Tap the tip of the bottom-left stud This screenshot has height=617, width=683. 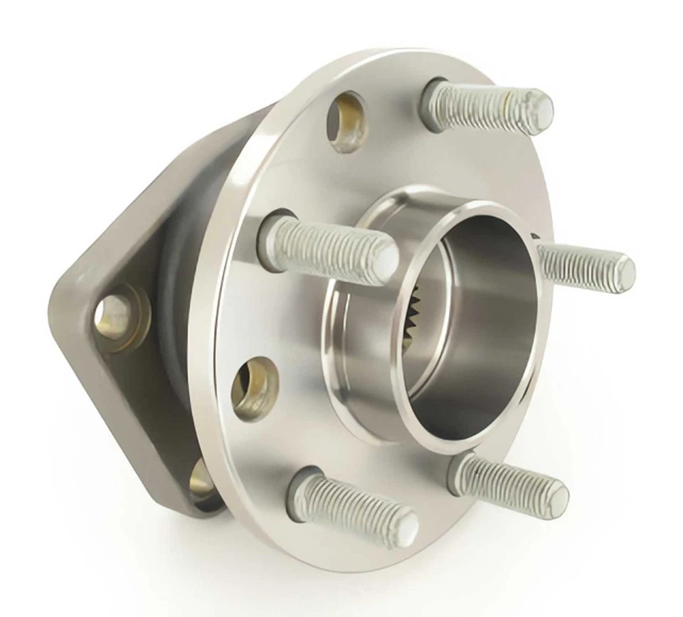click(408, 527)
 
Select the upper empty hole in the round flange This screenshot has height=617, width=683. click(346, 121)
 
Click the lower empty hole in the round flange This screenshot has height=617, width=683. click(254, 388)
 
